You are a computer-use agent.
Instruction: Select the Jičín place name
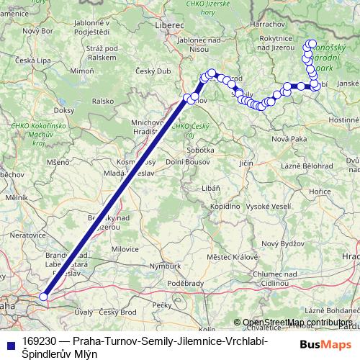coord(246,165)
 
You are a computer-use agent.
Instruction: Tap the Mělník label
coord(16,196)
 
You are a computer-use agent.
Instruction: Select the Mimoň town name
coord(83,73)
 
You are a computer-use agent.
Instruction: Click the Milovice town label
coord(125,248)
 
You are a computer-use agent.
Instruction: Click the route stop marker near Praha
coord(43,296)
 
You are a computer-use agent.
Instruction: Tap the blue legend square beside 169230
coord(10,341)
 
